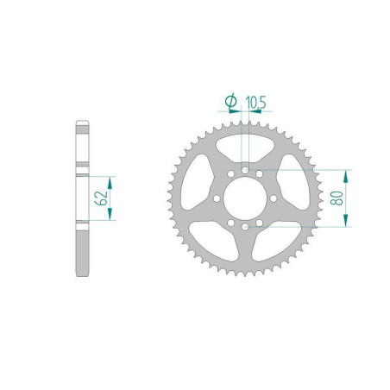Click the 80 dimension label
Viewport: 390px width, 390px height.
click(343, 198)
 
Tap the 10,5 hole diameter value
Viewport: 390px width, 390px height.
click(255, 103)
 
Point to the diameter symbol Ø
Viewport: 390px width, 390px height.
click(230, 103)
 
